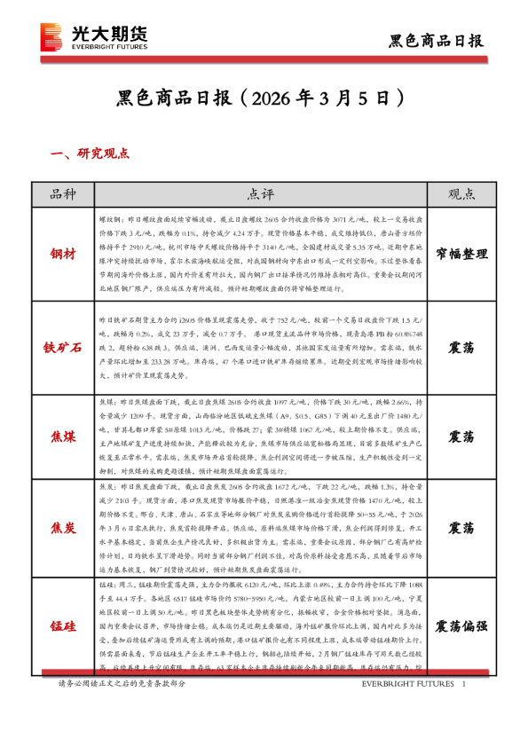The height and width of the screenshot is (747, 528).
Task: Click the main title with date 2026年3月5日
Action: [264, 95]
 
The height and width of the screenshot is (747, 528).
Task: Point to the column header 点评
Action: [260, 194]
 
